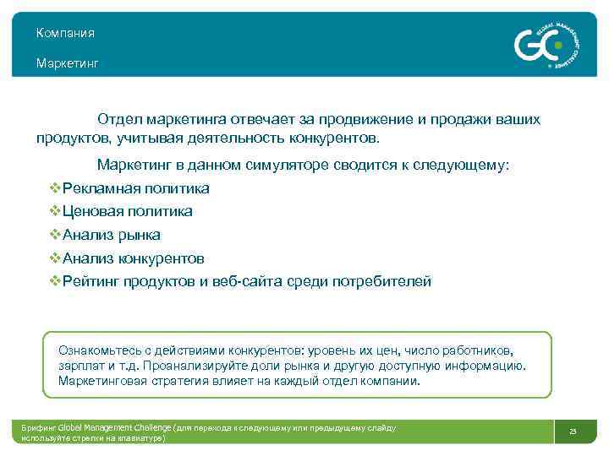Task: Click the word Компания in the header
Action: (x=65, y=33)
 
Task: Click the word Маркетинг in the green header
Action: (x=67, y=63)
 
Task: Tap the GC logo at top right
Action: (x=542, y=43)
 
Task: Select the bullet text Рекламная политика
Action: (x=135, y=188)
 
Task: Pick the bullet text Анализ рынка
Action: (x=111, y=235)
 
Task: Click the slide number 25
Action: (x=573, y=432)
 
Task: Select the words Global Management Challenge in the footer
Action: (x=114, y=428)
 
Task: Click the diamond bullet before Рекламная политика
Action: (x=55, y=188)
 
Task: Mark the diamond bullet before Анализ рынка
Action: (x=55, y=235)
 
